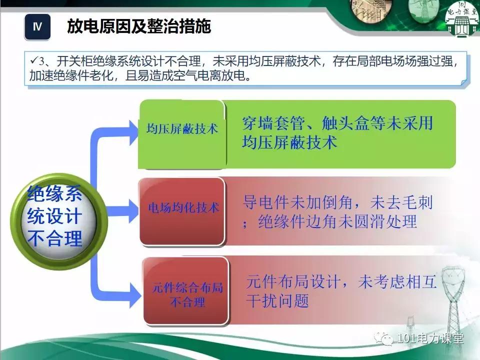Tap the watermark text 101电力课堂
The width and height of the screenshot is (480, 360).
pyautogui.click(x=429, y=338)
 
